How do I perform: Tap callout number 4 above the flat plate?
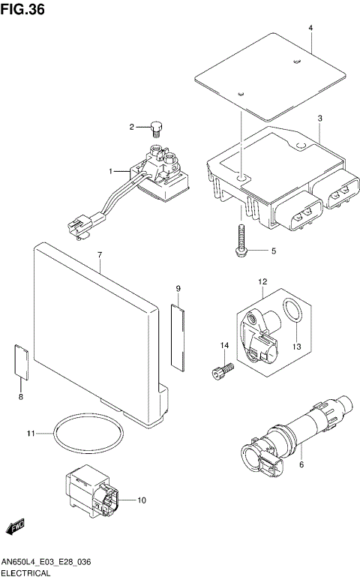(310, 29)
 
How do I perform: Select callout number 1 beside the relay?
(111, 172)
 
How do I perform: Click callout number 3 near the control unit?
(319, 119)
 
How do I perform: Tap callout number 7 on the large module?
(99, 255)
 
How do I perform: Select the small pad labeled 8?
(22, 360)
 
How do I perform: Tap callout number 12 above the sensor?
(263, 282)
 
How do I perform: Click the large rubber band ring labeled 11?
(89, 434)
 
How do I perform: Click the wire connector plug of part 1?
(76, 224)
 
